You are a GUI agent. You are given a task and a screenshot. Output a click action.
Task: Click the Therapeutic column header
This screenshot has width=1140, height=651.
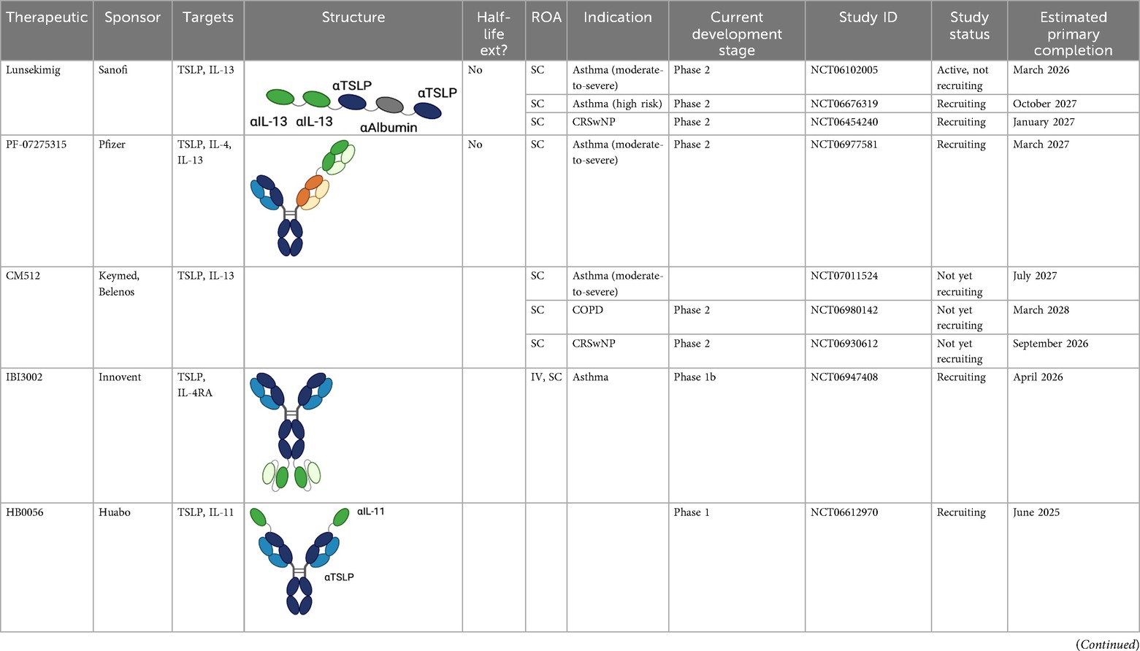(x=47, y=18)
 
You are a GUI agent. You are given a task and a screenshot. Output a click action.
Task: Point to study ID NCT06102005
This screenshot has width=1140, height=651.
(x=844, y=70)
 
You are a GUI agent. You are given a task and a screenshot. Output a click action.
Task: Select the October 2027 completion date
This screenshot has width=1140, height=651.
(x=1044, y=104)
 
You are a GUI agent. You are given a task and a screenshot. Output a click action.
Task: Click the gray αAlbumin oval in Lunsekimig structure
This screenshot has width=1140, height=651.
(x=390, y=104)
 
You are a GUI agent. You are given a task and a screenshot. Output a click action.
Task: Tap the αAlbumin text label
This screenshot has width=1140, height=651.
(x=389, y=128)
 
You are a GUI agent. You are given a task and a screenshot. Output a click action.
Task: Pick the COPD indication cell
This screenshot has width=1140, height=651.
(x=588, y=310)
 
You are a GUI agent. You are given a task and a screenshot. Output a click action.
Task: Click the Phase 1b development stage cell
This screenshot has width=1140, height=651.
(x=698, y=377)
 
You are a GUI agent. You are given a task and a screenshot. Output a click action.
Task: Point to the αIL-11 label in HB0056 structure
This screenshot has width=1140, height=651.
(x=371, y=512)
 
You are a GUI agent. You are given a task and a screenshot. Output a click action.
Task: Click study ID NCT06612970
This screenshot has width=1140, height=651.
(x=844, y=512)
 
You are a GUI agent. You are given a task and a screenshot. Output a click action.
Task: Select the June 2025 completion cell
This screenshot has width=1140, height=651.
(x=1036, y=512)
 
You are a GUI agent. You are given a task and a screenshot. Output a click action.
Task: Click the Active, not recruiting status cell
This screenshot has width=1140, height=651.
(x=963, y=77)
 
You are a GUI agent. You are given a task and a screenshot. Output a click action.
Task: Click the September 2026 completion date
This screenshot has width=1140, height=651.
(x=1050, y=344)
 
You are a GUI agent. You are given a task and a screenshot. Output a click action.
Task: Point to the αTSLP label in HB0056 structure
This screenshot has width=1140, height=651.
(x=339, y=577)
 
